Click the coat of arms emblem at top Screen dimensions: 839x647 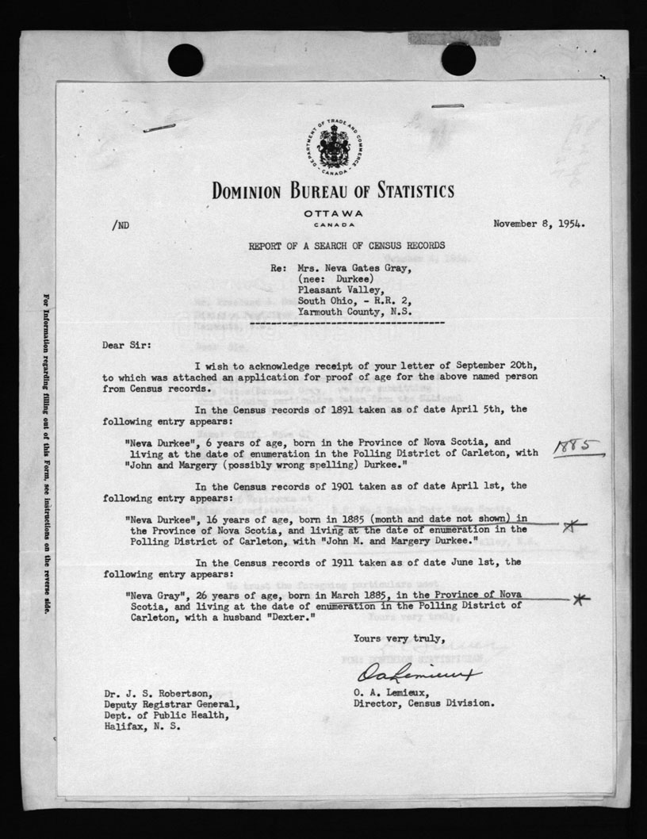333,147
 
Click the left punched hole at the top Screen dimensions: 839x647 186,59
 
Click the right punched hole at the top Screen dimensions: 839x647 458,59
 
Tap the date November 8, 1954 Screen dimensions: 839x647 539,224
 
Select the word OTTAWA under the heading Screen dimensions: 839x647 333,214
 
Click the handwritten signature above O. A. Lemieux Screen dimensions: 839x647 419,675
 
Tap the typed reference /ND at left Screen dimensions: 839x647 121,225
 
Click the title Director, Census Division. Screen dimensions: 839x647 425,703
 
